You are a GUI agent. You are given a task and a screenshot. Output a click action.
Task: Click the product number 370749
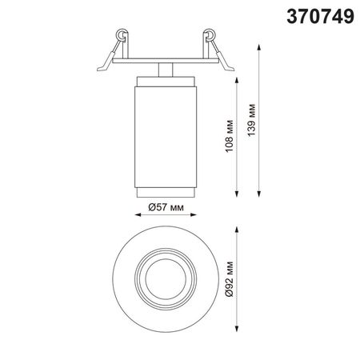(x=320, y=16)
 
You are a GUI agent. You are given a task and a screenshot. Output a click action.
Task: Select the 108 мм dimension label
(x=230, y=136)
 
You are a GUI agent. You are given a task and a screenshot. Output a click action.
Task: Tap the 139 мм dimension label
(x=251, y=120)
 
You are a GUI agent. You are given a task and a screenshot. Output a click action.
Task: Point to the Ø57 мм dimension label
(x=166, y=207)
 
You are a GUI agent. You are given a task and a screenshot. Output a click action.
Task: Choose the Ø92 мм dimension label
(x=229, y=279)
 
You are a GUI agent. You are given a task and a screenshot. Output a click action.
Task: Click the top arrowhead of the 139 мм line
(x=258, y=47)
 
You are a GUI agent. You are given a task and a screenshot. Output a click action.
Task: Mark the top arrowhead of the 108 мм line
(x=237, y=80)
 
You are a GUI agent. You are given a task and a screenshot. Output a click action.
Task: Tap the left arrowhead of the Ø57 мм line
(x=138, y=214)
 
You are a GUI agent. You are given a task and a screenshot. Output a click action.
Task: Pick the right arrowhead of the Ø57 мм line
(x=194, y=214)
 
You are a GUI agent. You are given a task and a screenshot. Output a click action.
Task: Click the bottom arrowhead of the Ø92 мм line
(x=237, y=329)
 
